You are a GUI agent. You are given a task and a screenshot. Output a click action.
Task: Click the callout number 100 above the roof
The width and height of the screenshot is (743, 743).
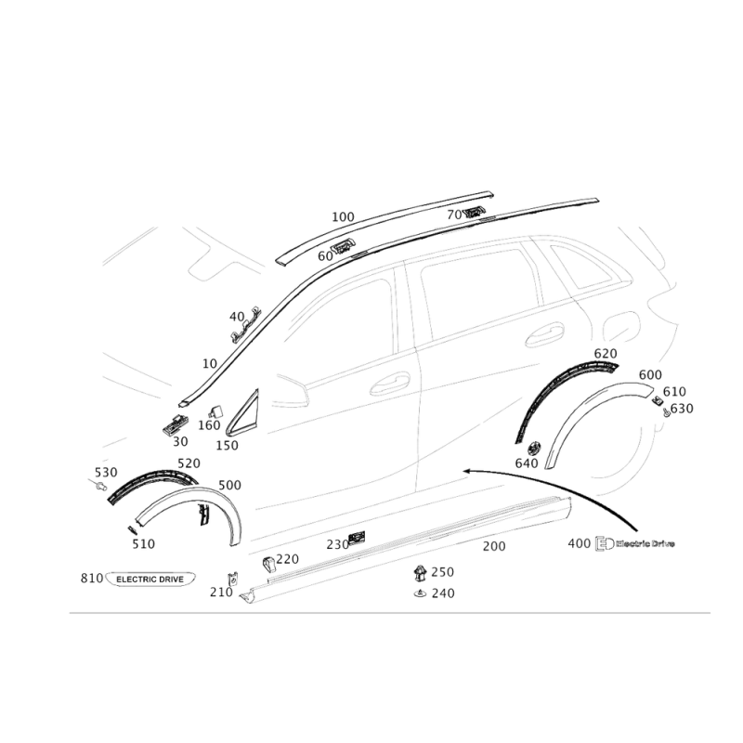(x=343, y=216)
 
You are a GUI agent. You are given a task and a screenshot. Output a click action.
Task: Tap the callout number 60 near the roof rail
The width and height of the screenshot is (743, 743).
(x=325, y=254)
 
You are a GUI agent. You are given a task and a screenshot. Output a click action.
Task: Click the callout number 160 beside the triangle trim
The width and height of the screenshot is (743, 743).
(x=207, y=424)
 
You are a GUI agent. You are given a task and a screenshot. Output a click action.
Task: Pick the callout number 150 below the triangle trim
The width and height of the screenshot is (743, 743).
(x=227, y=445)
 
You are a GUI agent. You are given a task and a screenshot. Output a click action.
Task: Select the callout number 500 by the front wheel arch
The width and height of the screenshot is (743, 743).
(x=228, y=485)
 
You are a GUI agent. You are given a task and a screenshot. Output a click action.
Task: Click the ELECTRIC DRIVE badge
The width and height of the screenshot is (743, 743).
(x=153, y=577)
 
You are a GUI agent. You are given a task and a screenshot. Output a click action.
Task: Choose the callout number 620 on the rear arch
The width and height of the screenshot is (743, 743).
(x=605, y=356)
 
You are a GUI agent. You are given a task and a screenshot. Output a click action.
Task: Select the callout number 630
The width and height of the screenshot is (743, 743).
(x=682, y=408)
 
